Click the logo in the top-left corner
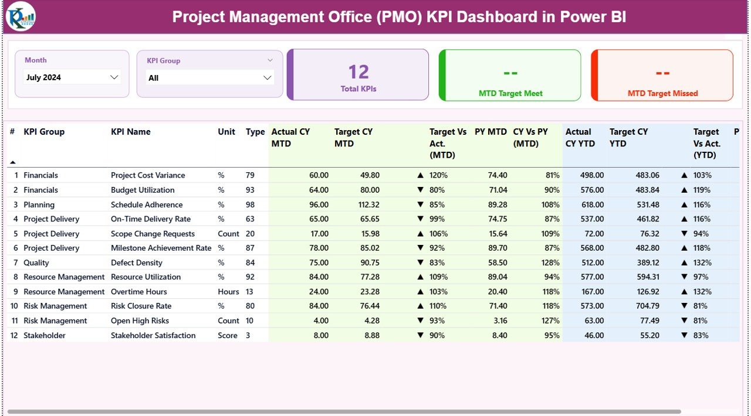point(21,16)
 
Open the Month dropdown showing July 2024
point(72,77)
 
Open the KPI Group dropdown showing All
point(209,78)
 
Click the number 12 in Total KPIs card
point(358,72)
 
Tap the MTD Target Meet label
point(510,93)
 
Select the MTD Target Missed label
point(662,93)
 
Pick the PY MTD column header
point(490,132)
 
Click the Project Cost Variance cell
point(148,175)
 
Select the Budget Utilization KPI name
point(143,190)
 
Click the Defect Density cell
point(136,262)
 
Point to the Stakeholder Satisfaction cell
point(153,335)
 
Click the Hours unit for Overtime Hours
point(228,292)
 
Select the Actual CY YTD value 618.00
point(591,204)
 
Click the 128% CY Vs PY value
point(550,262)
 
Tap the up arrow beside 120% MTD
point(420,175)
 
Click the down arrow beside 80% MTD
point(420,190)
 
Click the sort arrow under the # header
point(13,162)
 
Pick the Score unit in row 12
point(228,335)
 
